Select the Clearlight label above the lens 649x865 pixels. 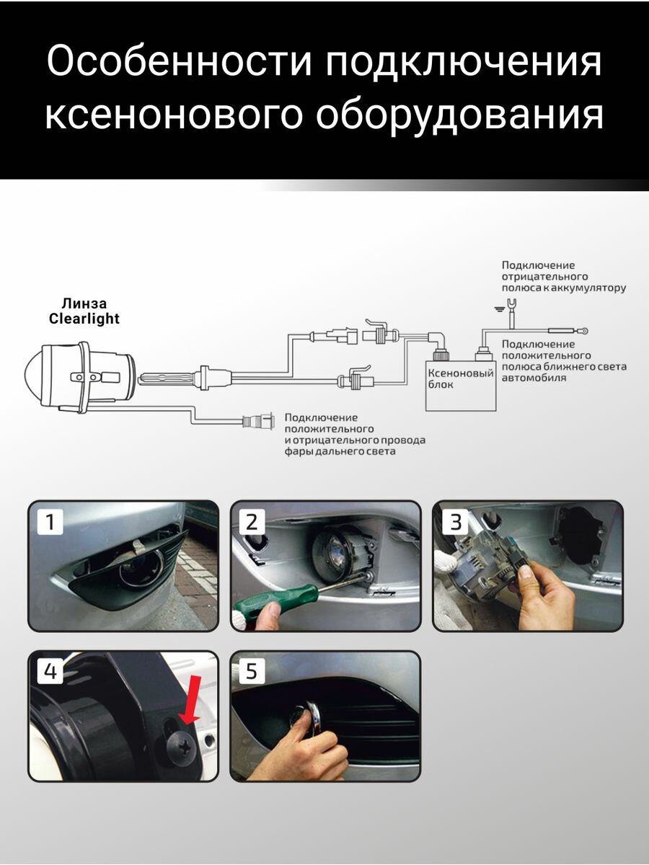point(84,319)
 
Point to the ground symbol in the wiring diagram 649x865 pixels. point(498,309)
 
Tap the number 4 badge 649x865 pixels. point(49,671)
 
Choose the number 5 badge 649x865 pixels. point(251,671)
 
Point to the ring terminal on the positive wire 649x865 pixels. point(584,332)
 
